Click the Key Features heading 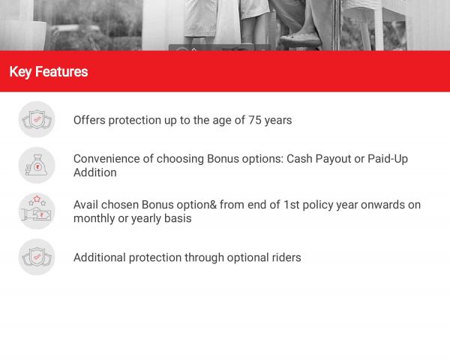coord(49,72)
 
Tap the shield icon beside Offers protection coord(37,119)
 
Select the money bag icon coord(37,165)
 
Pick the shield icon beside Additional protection coord(37,257)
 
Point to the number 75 coord(255,120)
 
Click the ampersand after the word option coord(213,205)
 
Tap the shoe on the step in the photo coord(300,40)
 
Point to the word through coord(204,258)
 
